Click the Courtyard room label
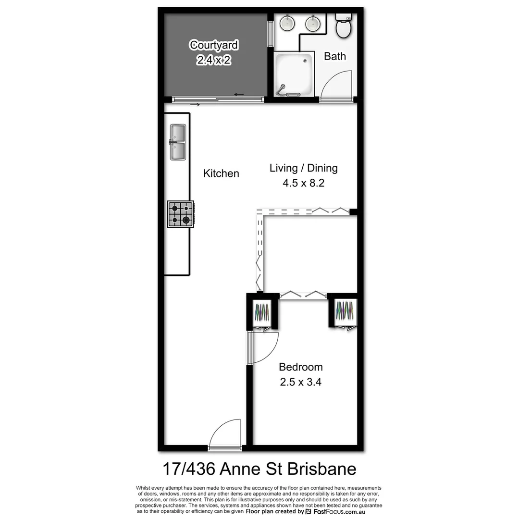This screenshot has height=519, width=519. (x=214, y=45)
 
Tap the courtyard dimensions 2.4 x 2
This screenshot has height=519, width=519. (x=214, y=60)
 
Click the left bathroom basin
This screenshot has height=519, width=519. (x=287, y=22)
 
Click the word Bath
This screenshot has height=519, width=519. (x=335, y=56)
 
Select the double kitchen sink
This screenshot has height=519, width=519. (x=177, y=142)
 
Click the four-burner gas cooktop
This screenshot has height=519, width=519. (x=181, y=214)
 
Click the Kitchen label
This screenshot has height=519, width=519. (x=221, y=173)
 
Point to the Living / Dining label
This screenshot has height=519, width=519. (x=303, y=168)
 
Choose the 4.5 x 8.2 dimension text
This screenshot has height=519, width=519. (x=303, y=183)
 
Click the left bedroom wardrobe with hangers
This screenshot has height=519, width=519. (x=263, y=313)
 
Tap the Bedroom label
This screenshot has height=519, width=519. (x=301, y=367)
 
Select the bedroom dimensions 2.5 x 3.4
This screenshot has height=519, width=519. (x=301, y=383)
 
